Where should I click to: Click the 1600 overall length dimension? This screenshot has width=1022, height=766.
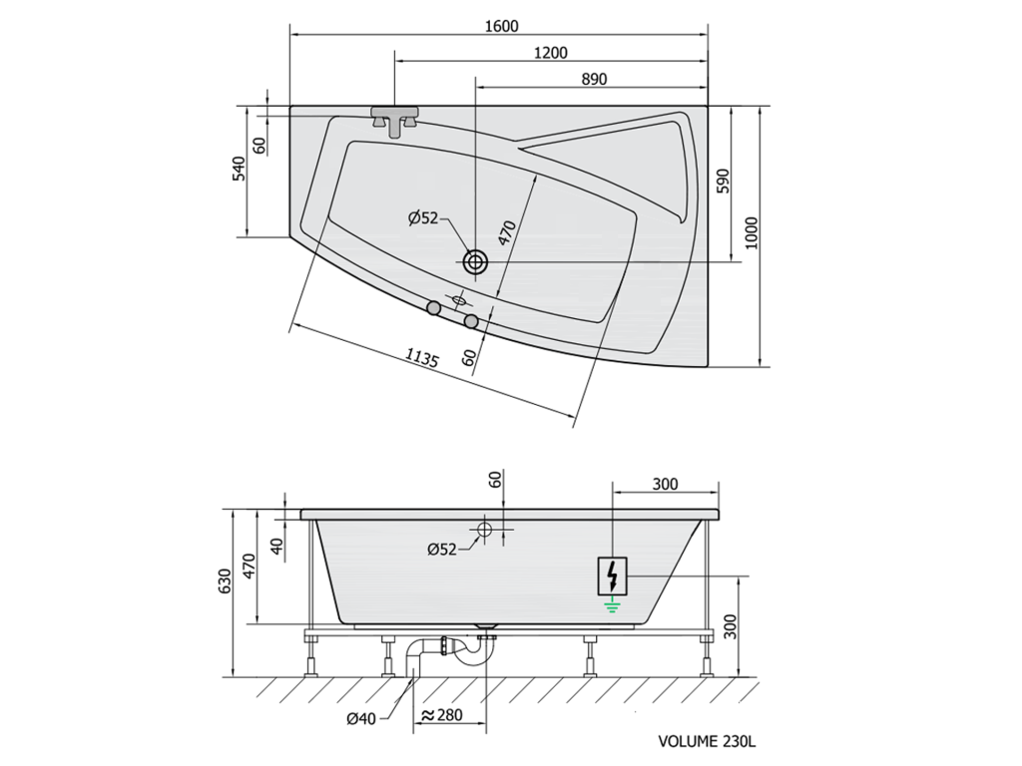click(501, 26)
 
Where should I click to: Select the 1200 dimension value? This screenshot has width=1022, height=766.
click(550, 53)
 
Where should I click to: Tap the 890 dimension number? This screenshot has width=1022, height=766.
click(594, 79)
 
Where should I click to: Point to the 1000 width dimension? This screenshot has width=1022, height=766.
click(752, 233)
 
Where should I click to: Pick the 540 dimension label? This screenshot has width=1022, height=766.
click(239, 169)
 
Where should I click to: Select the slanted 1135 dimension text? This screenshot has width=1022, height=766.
click(422, 358)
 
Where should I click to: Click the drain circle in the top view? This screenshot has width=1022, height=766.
click(475, 262)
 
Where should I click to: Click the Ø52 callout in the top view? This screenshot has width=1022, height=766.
click(423, 218)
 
